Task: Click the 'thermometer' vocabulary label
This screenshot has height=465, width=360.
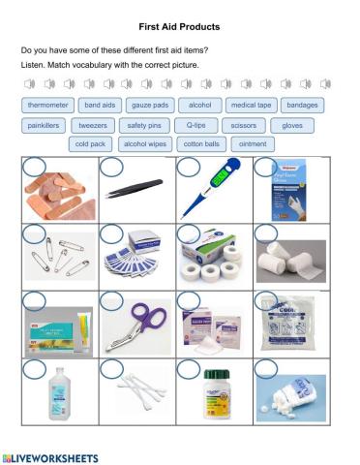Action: pyautogui.click(x=47, y=105)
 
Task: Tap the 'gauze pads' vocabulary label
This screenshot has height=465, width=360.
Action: pyautogui.click(x=149, y=105)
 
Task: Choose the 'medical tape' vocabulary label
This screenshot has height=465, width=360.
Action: pyautogui.click(x=251, y=105)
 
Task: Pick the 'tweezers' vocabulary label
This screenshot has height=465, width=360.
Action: pyautogui.click(x=93, y=125)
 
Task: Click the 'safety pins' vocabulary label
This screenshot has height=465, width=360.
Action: pyautogui.click(x=143, y=125)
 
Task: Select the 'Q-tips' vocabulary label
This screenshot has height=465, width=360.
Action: pyautogui.click(x=195, y=125)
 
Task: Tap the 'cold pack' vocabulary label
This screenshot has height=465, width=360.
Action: pyautogui.click(x=91, y=144)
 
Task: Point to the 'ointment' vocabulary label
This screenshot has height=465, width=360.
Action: pyautogui.click(x=252, y=144)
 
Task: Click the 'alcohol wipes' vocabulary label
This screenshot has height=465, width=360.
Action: pyautogui.click(x=145, y=144)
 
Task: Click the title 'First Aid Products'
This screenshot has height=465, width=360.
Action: pyautogui.click(x=179, y=27)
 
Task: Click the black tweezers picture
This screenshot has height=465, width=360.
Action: pyautogui.click(x=134, y=190)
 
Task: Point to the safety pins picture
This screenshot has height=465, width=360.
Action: pyautogui.click(x=59, y=259)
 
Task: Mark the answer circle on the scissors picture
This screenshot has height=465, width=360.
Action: pyautogui.click(x=111, y=300)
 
